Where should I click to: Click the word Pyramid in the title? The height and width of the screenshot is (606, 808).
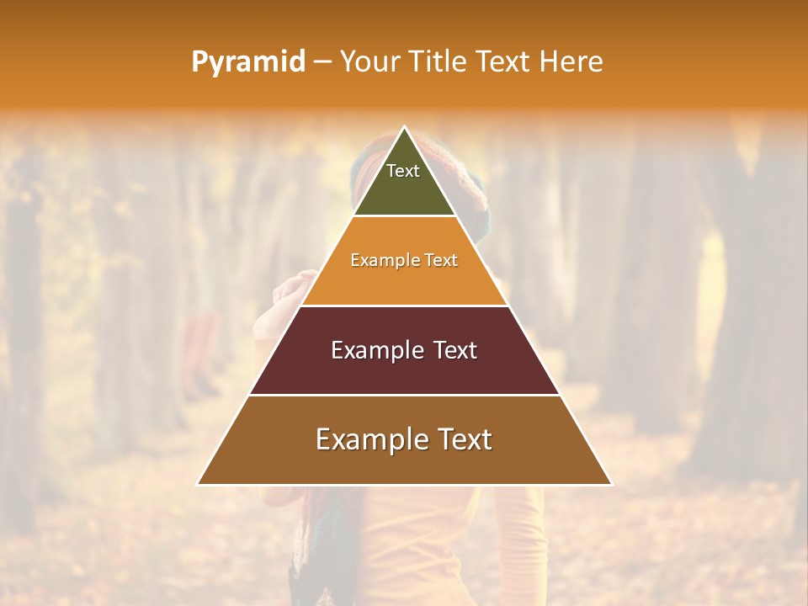(247, 62)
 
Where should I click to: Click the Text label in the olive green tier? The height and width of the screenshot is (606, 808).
(403, 171)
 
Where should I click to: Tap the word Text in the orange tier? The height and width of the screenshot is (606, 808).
(442, 260)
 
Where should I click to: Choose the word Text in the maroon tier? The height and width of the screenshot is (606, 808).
(455, 350)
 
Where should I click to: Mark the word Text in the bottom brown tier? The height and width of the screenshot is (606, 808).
(464, 439)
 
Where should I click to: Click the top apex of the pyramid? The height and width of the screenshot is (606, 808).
(404, 128)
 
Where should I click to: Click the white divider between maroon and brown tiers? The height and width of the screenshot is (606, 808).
(404, 395)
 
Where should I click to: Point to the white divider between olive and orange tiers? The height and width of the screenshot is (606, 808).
(404, 216)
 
